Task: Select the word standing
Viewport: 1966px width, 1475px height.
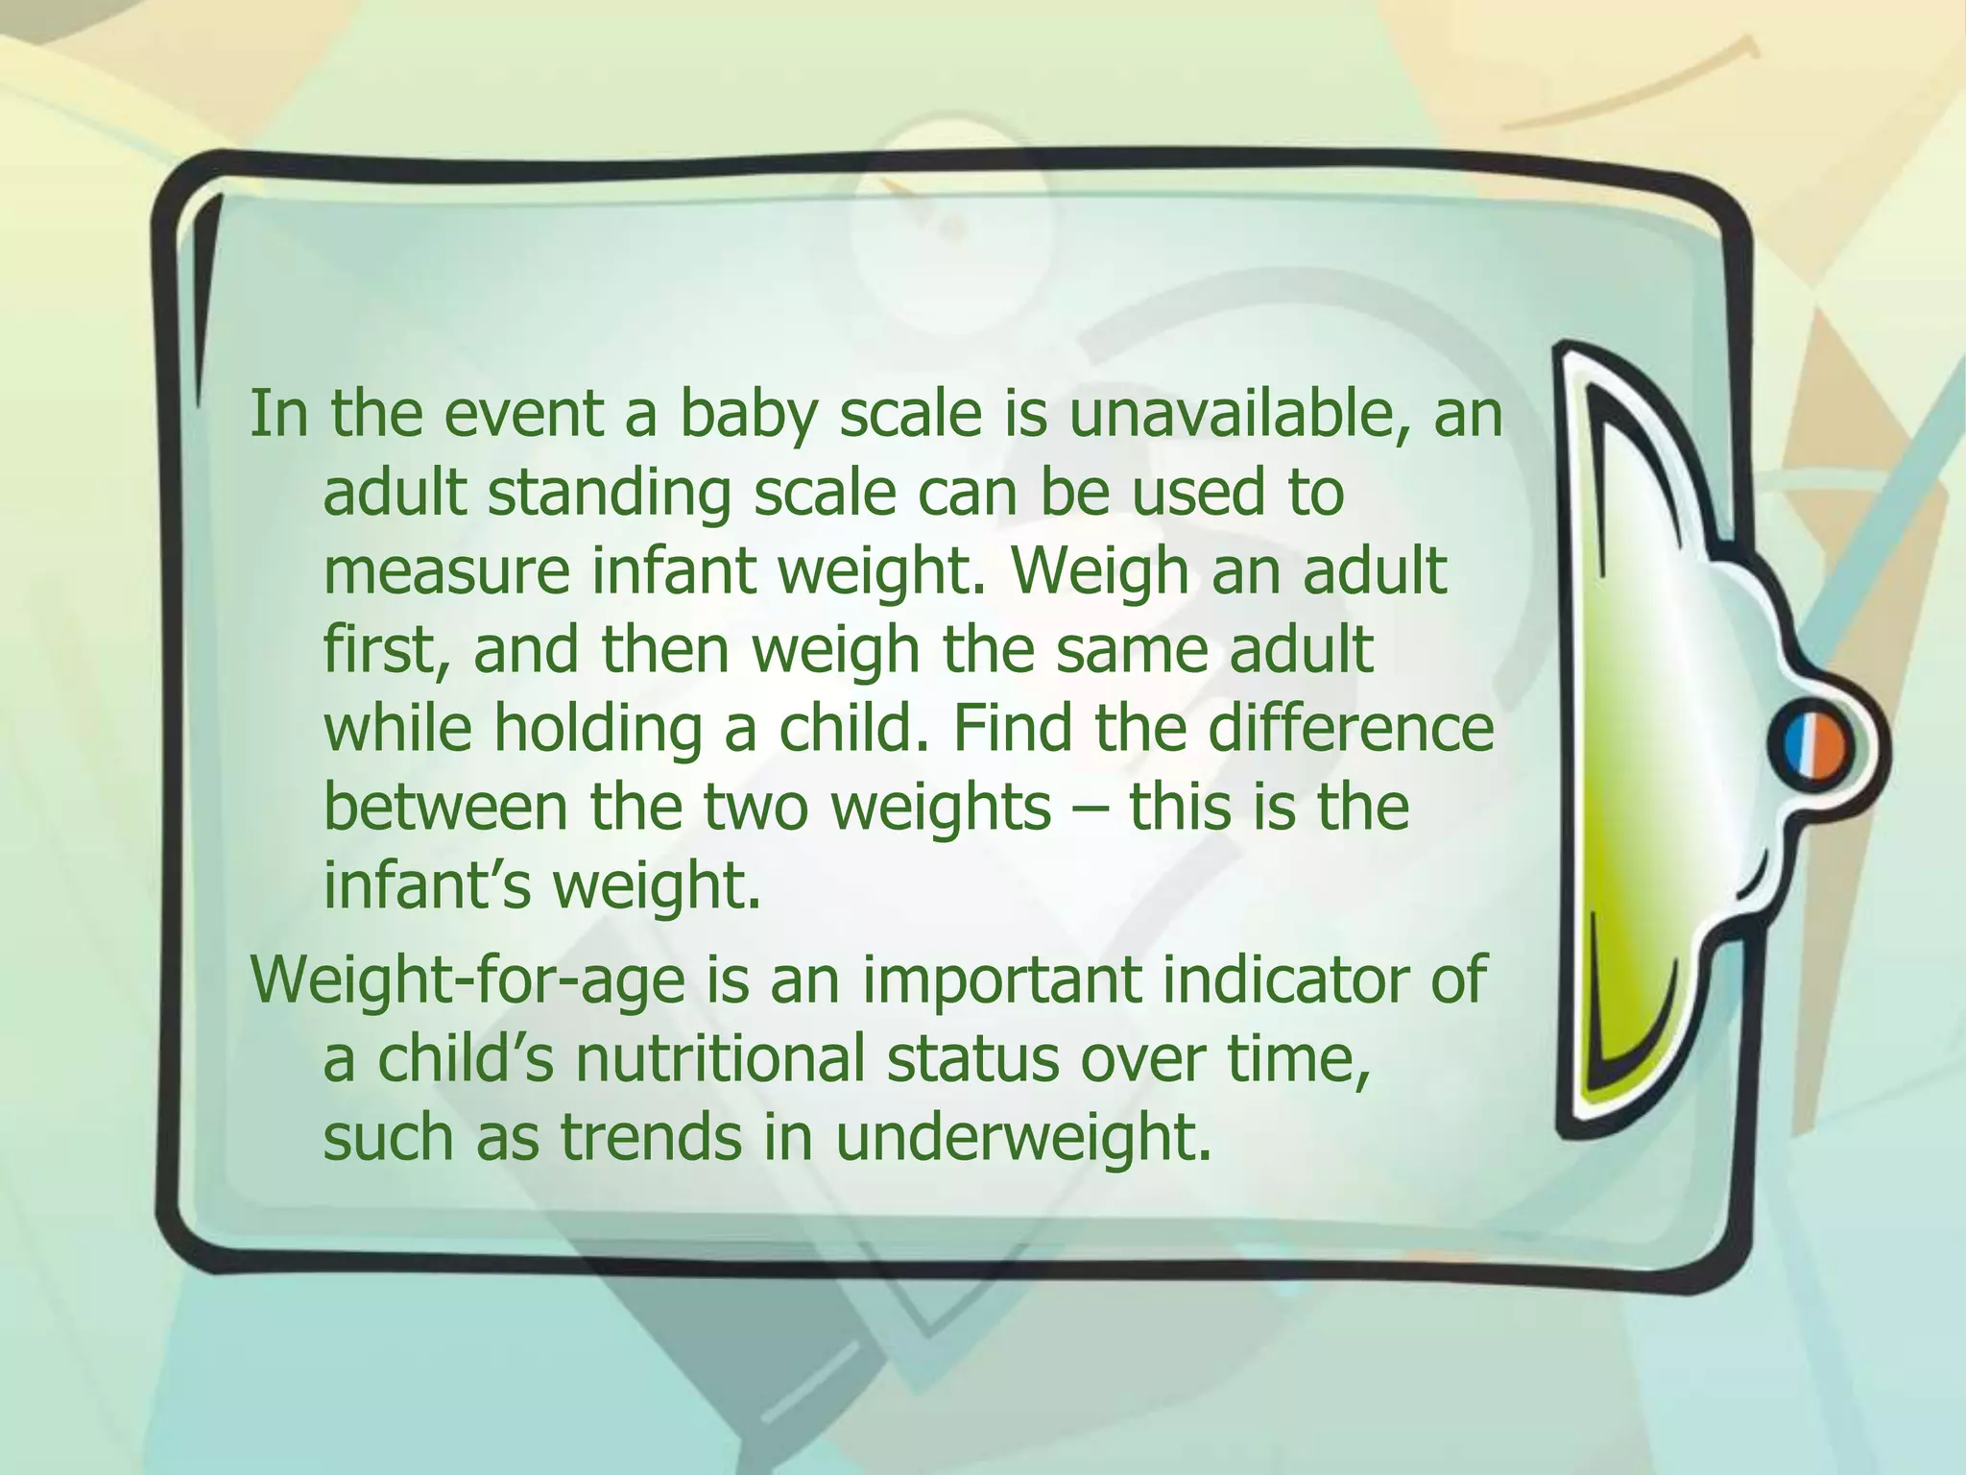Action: click(x=609, y=496)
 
